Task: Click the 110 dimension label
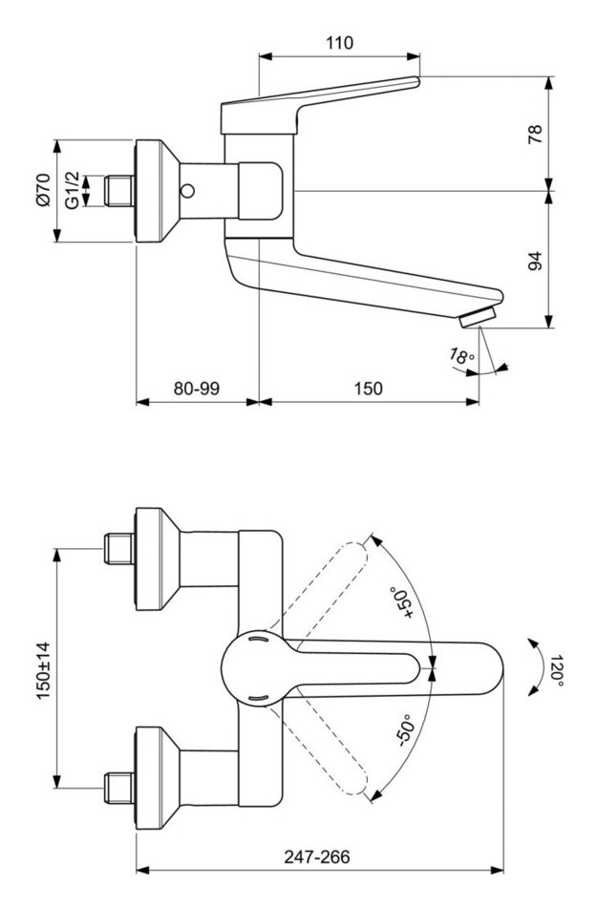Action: (339, 43)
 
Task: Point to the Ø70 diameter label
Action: (43, 190)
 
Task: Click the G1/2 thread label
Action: (71, 190)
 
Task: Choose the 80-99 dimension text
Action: (197, 389)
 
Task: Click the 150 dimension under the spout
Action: (368, 389)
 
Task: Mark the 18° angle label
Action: (462, 358)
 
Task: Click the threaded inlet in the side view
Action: (118, 190)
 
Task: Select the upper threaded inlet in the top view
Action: (117, 548)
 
